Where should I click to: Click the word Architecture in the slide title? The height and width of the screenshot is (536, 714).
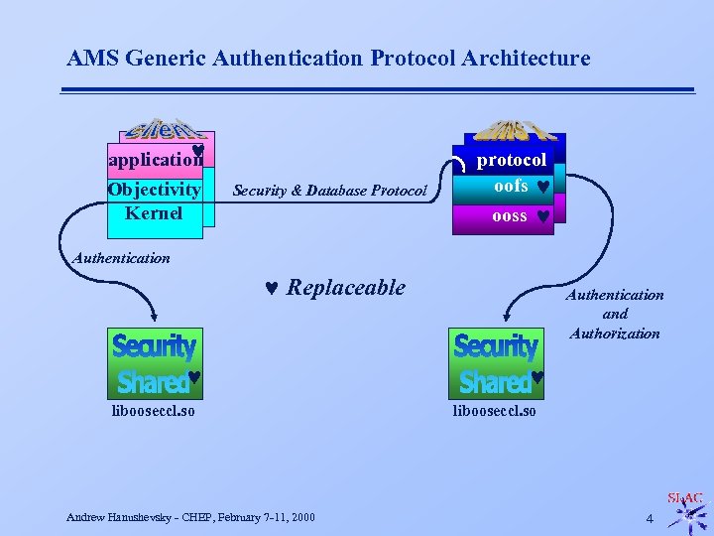(531, 59)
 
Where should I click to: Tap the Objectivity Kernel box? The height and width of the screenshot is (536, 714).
(155, 201)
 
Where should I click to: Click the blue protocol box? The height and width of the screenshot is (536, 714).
(511, 160)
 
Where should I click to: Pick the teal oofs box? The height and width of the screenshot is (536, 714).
(511, 187)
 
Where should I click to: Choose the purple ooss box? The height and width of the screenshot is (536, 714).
(511, 215)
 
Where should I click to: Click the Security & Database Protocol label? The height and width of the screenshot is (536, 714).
(328, 191)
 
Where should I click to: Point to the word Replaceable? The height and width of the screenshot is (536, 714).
(346, 288)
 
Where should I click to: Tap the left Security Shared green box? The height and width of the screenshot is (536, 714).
(155, 362)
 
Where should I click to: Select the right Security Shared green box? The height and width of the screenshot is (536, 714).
(497, 362)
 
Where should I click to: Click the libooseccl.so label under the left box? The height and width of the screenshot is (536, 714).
(153, 410)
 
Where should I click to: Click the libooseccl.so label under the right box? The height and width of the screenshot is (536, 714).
(495, 410)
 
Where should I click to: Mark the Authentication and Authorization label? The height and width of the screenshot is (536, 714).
(615, 314)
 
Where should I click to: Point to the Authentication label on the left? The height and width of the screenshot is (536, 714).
(121, 258)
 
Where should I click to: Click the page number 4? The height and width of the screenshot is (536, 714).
(650, 518)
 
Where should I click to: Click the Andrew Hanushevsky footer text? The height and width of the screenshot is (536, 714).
(190, 517)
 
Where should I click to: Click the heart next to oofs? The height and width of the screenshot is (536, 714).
(543, 187)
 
